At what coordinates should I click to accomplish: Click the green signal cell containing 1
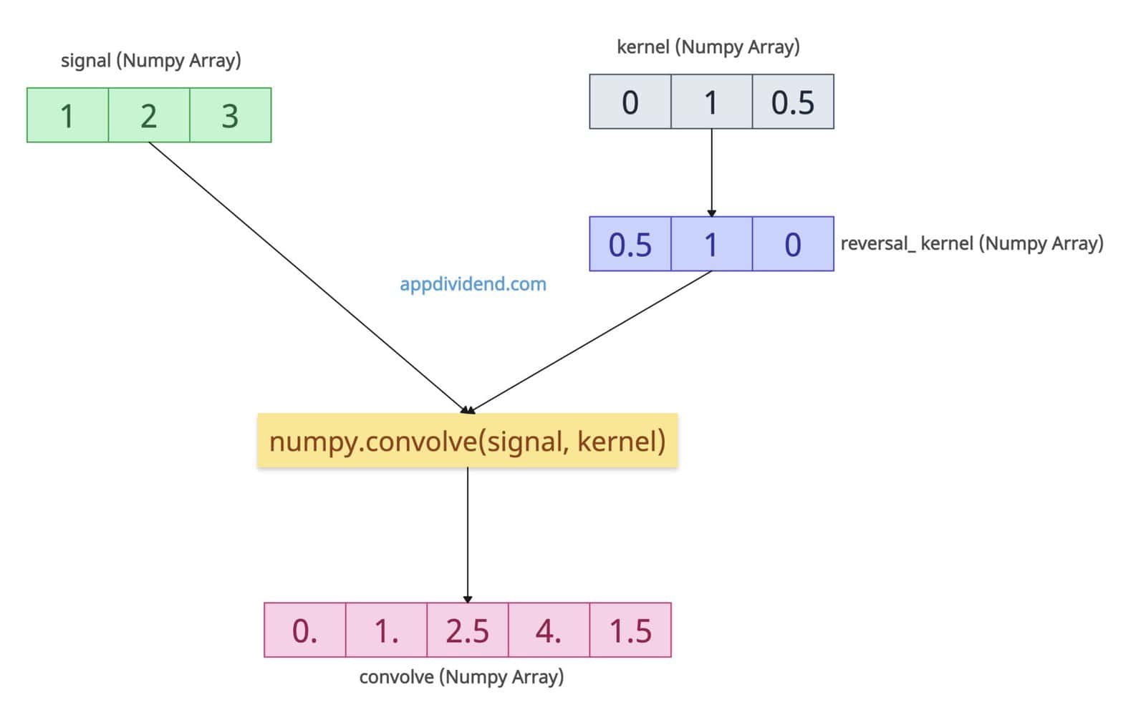(x=67, y=115)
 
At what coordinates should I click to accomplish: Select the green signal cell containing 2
(x=149, y=115)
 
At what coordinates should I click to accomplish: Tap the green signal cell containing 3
(x=230, y=115)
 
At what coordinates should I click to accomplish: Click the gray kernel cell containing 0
(x=630, y=102)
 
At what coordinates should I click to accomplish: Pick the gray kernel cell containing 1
(x=711, y=102)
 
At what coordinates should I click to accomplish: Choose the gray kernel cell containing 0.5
(x=793, y=102)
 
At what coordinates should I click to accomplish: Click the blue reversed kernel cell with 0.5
(x=630, y=244)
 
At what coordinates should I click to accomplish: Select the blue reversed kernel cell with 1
(x=711, y=244)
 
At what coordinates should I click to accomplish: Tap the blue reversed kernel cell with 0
(x=793, y=244)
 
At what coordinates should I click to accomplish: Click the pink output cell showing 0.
(x=304, y=630)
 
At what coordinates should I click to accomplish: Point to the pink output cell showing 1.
(x=386, y=630)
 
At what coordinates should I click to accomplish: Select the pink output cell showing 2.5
(x=467, y=630)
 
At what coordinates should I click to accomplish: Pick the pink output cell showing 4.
(x=549, y=630)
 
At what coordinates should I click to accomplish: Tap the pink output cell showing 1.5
(x=630, y=630)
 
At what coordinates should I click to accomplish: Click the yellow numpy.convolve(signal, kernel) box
(x=467, y=441)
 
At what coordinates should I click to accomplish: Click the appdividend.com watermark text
(x=473, y=284)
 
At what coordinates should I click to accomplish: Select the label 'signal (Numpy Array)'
(x=150, y=60)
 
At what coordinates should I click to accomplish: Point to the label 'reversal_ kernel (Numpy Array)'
(x=971, y=243)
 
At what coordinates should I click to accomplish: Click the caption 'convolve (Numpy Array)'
(x=461, y=676)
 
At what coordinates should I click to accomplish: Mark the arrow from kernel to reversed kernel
(x=711, y=172)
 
